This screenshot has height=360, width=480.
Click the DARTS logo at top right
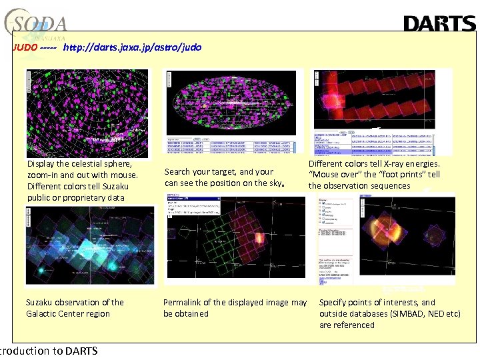pos(439,24)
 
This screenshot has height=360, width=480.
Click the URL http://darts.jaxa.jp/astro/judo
pos(131,48)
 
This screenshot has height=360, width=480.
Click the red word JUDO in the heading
pos(25,48)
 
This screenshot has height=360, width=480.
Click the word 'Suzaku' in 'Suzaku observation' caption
pos(40,303)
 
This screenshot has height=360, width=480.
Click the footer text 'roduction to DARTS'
pos(49,351)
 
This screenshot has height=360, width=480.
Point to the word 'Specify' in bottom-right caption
pos(335,303)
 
